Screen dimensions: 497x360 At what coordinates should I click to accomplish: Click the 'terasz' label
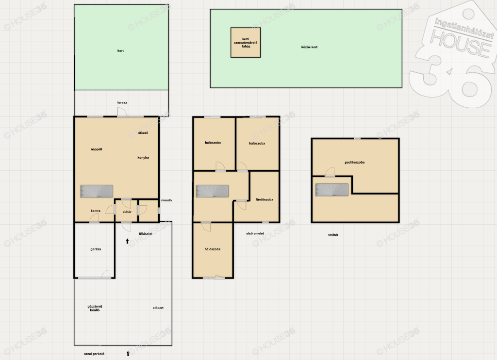(x=122, y=103)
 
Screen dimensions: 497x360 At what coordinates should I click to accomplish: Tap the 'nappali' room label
(x=97, y=149)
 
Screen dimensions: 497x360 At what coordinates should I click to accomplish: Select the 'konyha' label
(x=143, y=158)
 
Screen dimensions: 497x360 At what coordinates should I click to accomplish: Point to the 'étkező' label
(x=143, y=133)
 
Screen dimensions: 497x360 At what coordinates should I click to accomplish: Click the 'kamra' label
(x=96, y=211)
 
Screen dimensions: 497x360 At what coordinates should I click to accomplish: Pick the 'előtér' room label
(x=127, y=212)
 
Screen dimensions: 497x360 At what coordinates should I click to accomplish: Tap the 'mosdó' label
(x=166, y=200)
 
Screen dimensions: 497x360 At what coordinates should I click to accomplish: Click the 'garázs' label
(x=96, y=249)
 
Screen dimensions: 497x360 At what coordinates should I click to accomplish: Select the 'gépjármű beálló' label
(x=95, y=308)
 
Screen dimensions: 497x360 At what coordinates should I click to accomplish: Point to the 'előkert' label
(x=158, y=308)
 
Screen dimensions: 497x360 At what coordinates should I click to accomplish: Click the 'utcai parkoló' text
(x=94, y=354)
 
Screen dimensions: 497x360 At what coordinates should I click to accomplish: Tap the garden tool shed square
(x=246, y=43)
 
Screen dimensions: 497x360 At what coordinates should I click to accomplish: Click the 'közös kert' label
(x=309, y=47)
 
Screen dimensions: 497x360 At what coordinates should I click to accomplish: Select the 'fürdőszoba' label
(x=265, y=199)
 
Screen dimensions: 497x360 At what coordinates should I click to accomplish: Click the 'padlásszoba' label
(x=355, y=162)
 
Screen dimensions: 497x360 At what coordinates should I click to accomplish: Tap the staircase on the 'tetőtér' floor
(x=332, y=190)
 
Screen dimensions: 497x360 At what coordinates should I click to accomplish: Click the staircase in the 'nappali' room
(x=97, y=192)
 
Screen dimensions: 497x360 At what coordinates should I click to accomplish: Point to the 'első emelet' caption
(x=255, y=233)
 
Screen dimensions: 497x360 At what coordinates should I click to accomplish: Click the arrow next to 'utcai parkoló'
(x=128, y=353)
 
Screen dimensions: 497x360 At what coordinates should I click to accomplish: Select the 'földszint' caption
(x=146, y=234)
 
